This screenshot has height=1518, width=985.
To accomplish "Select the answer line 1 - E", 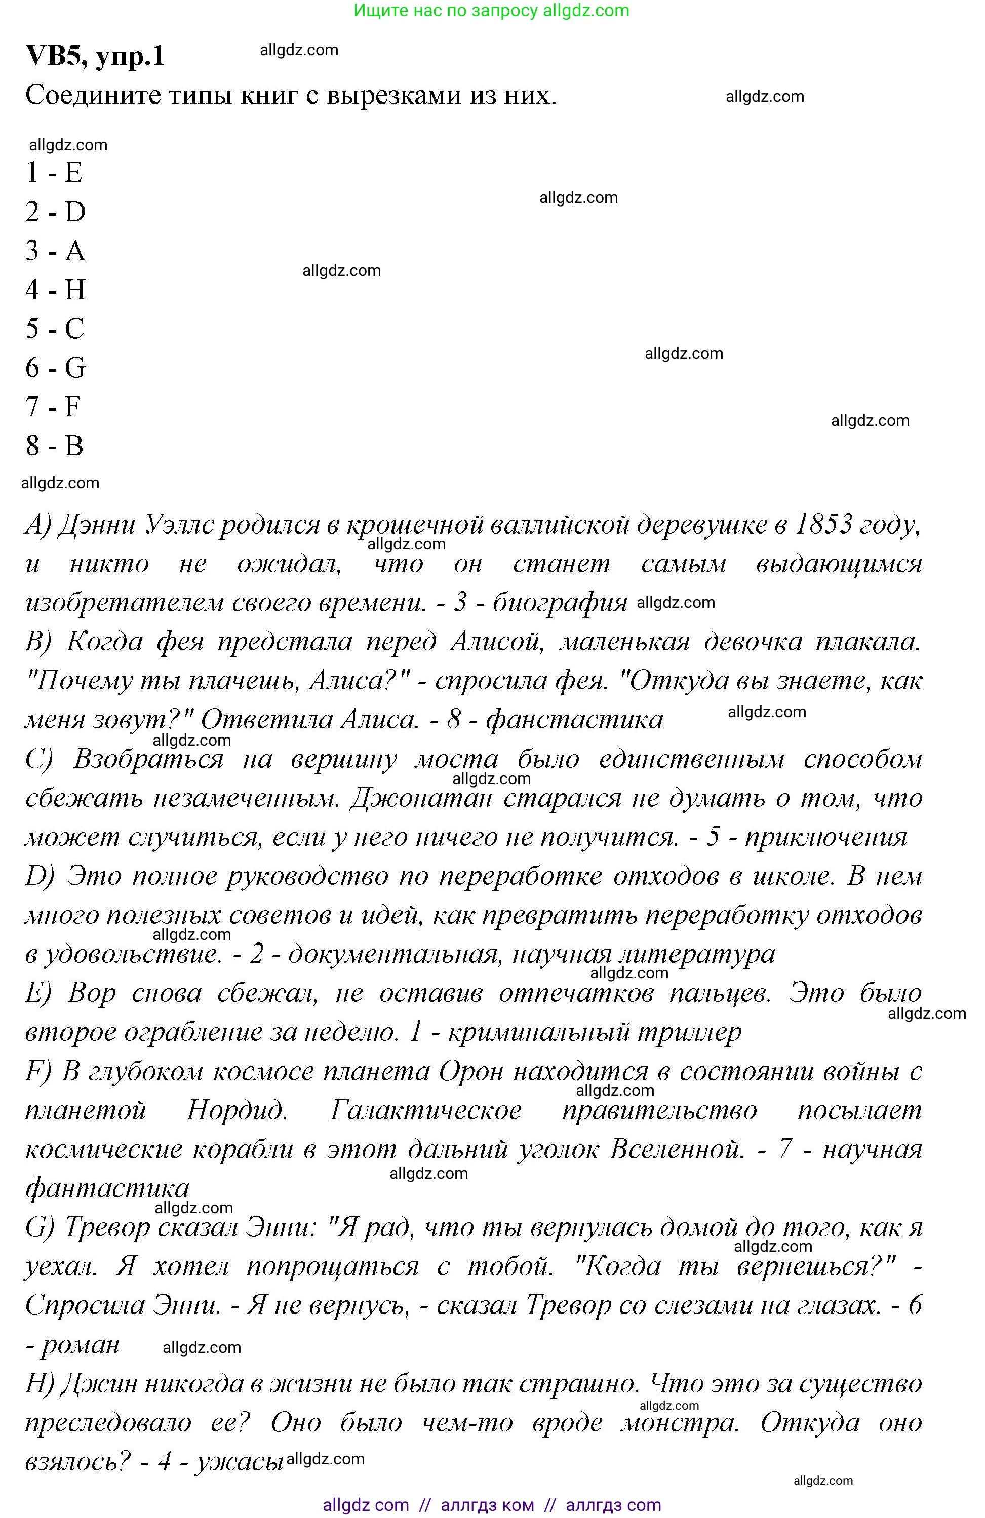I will (54, 172).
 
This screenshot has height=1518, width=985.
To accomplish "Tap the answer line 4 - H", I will (56, 290).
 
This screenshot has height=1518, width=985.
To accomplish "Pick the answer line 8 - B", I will (54, 445).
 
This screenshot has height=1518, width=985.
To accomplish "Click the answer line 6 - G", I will (56, 367).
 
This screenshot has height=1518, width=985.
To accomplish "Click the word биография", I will (560, 603).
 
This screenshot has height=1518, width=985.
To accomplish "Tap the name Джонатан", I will (421, 798).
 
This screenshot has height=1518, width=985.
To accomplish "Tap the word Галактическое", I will (425, 1111).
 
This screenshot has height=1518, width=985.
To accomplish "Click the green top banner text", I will (491, 10).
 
